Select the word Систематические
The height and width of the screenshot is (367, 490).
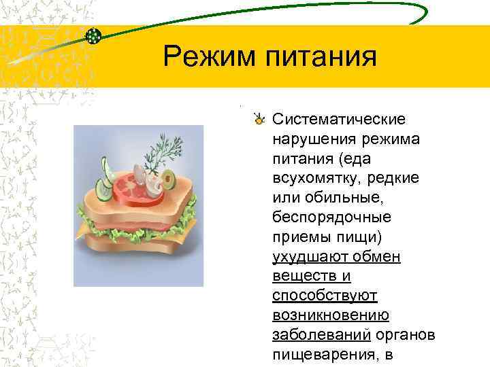pyautogui.click(x=339, y=120)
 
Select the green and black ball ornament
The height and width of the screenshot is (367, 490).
pyautogui.click(x=95, y=35)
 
